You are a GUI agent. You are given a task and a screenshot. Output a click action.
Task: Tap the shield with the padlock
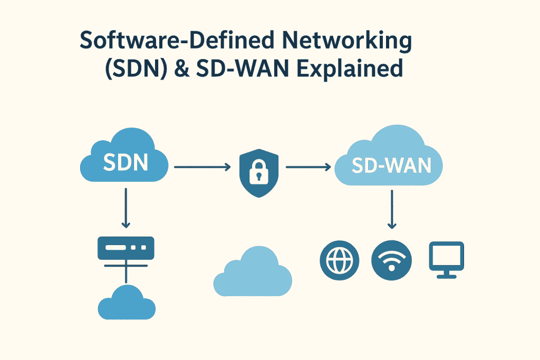pos(257,168)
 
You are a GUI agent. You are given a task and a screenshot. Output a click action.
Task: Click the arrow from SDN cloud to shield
pos(202,168)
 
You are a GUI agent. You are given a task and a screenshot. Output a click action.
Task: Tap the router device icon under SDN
pos(126,247)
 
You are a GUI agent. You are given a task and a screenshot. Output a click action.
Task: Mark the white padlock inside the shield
pos(257,169)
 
